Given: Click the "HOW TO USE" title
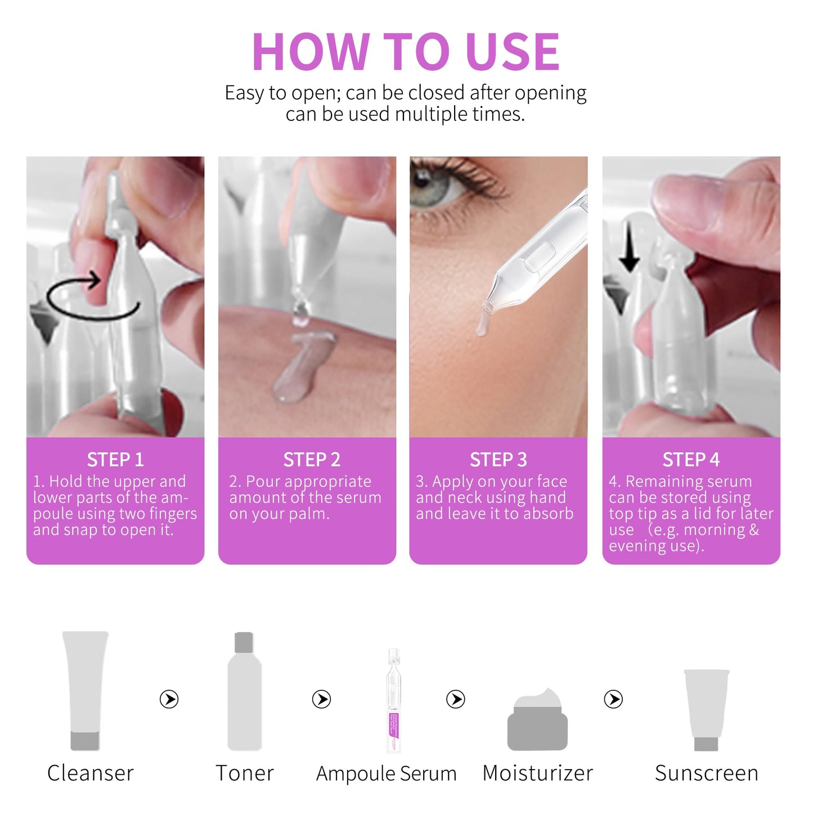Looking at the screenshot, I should coord(405,52).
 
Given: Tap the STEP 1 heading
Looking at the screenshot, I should coord(115,460).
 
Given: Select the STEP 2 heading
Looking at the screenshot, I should coord(312,460).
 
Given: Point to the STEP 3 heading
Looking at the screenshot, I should coord(498,460).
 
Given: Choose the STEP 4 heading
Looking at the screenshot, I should coord(691,460).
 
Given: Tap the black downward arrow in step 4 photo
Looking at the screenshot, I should coord(629,251).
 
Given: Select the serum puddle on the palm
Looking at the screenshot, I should coord(301,371).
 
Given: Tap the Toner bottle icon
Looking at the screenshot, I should coord(244,692).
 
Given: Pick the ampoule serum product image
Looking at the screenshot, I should coord(394,700).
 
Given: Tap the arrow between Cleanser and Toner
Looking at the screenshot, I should coord(169,699).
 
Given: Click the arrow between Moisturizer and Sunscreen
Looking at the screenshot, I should coord(613,699).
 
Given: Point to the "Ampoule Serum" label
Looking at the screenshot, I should coord(386,774).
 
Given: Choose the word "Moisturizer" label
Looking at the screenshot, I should coord(537,774).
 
